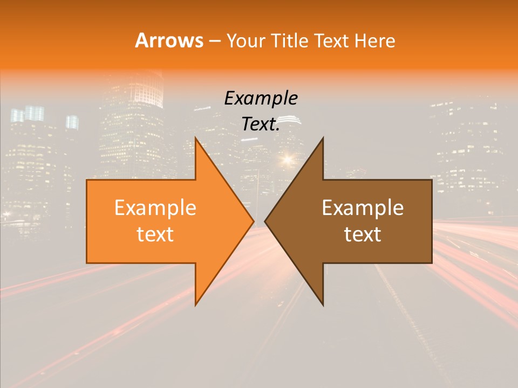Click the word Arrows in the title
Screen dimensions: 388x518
pyautogui.click(x=169, y=40)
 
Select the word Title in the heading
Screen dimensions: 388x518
pyautogui.click(x=291, y=41)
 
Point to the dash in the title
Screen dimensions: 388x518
pyautogui.click(x=214, y=41)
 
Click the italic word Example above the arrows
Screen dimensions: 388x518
pyautogui.click(x=261, y=98)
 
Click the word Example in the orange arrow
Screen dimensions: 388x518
pyautogui.click(x=155, y=208)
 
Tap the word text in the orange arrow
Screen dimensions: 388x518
pyautogui.click(x=155, y=234)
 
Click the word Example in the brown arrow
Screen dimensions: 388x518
pyautogui.click(x=363, y=208)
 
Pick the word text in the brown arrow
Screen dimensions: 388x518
pyautogui.click(x=363, y=234)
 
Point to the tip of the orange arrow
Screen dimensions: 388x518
pyautogui.click(x=254, y=221)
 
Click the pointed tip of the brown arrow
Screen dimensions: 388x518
pyautogui.click(x=265, y=221)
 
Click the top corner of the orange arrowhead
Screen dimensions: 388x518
pyautogui.click(x=196, y=138)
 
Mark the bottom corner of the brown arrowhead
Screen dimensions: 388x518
pyautogui.click(x=323, y=305)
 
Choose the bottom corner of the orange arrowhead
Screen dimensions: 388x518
pyautogui.click(x=196, y=305)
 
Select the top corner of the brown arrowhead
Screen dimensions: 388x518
pyautogui.click(x=323, y=138)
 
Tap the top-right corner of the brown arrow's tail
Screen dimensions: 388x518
pyautogui.click(x=432, y=180)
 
